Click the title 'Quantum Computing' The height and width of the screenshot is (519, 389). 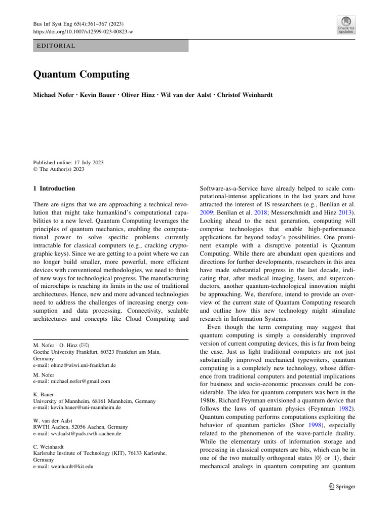[x=81, y=75]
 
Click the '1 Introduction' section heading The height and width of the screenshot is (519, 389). [x=54, y=189]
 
